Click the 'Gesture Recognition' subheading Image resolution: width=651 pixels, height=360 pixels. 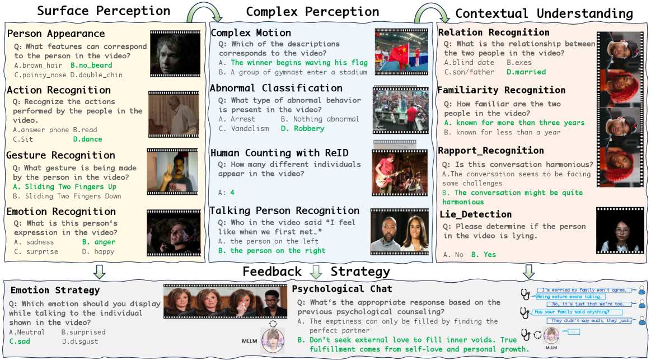point(61,155)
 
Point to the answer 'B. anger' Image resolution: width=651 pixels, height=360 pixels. point(99,242)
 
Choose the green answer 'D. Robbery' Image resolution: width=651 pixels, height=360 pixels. point(302,128)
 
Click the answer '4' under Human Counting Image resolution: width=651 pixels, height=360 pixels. point(232,192)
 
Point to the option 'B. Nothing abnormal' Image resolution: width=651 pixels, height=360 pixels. point(320,119)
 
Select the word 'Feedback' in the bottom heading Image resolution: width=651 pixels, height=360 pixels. point(271,272)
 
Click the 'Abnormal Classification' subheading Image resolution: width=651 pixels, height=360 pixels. point(276,88)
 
